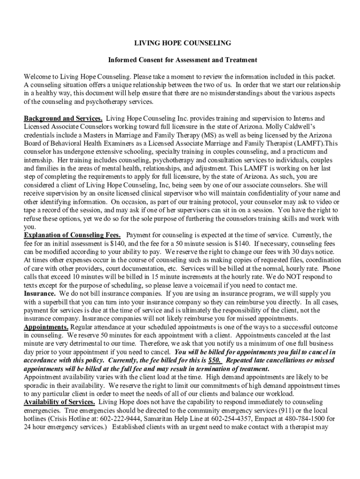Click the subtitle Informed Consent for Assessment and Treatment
(x=183, y=60)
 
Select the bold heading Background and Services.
(x=63, y=118)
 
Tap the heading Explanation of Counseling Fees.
(x=72, y=234)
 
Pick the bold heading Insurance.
(x=40, y=293)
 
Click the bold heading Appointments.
(x=46, y=327)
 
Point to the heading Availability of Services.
(x=60, y=402)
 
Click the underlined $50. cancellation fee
(x=215, y=361)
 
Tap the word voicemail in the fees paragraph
(x=215, y=285)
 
